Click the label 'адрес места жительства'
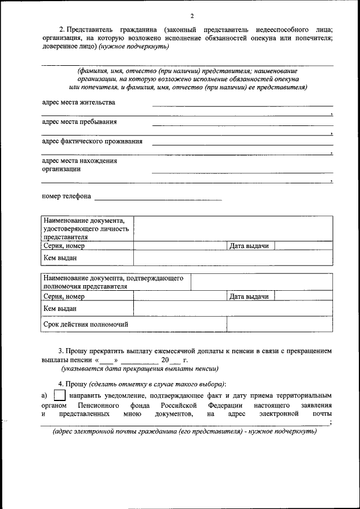click(x=79, y=102)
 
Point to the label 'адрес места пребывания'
click(x=79, y=121)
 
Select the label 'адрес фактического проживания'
click(x=92, y=141)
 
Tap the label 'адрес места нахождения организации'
click(x=79, y=165)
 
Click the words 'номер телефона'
click(x=66, y=197)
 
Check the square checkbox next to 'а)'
click(x=60, y=397)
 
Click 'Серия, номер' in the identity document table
click(x=64, y=246)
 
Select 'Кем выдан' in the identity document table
click(x=60, y=258)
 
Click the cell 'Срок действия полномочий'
click(x=86, y=324)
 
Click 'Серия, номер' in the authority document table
click(x=64, y=296)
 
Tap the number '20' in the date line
click(x=165, y=359)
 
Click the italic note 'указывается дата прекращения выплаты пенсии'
click(x=140, y=369)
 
